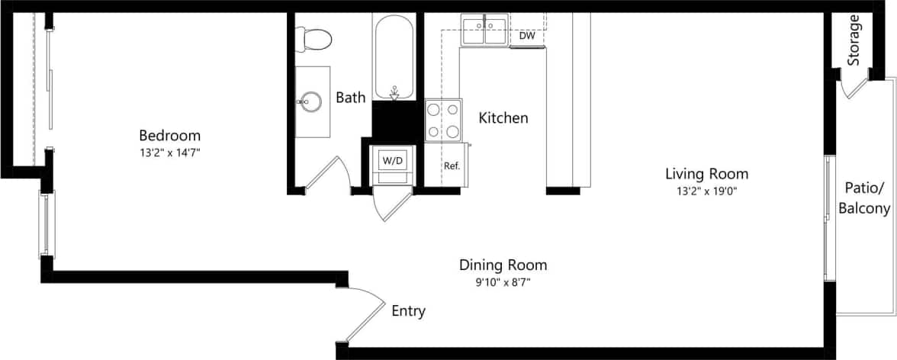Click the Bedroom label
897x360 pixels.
[x=169, y=136]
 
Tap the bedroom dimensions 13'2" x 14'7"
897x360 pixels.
[x=169, y=153]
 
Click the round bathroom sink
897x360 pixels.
[x=310, y=101]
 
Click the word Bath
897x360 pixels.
[x=351, y=98]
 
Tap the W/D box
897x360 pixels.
[x=393, y=161]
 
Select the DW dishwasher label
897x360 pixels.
[x=526, y=36]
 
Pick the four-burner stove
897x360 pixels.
[x=443, y=121]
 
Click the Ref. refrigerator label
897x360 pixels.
[x=452, y=165]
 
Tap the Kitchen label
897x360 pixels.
[x=503, y=118]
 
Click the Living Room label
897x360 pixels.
[x=706, y=173]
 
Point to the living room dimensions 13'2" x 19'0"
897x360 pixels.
[x=706, y=191]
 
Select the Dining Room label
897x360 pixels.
[x=503, y=265]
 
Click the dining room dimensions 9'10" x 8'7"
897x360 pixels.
[x=503, y=282]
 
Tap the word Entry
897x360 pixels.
[x=408, y=311]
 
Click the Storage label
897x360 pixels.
[x=854, y=40]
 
